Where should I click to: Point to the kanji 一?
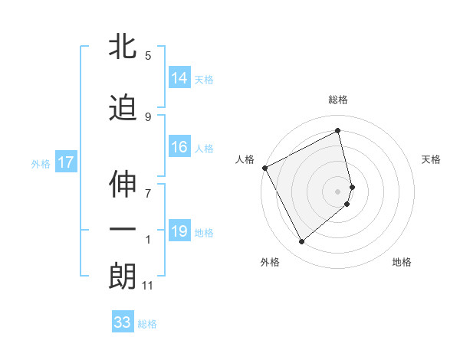(123, 231)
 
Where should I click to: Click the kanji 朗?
(123, 277)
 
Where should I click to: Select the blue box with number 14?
(179, 78)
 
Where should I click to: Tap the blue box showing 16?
(179, 148)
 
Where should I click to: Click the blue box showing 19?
(179, 232)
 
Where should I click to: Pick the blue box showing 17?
(66, 162)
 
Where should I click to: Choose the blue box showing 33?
(123, 322)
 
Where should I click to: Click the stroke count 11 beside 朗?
(147, 286)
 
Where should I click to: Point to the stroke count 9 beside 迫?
(148, 116)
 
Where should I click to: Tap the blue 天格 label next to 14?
(204, 79)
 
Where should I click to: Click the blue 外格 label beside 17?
(41, 163)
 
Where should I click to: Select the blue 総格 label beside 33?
(147, 323)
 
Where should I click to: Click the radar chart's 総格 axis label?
(338, 100)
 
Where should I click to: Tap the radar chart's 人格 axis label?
(245, 159)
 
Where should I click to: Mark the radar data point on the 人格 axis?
(264, 168)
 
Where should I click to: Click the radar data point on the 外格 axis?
(301, 242)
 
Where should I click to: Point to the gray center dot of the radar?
(338, 191)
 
